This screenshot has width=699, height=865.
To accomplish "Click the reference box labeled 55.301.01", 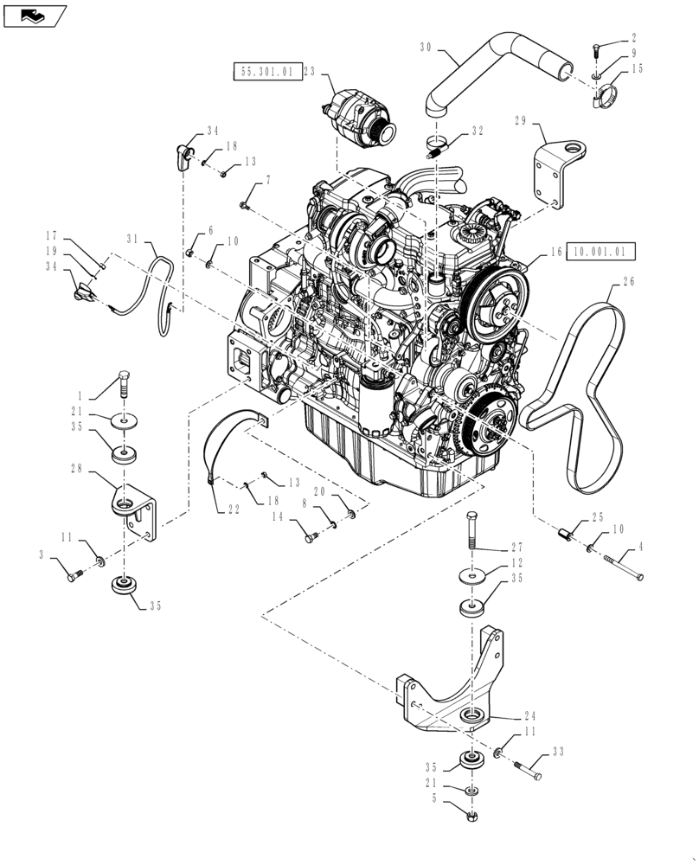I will [266, 73].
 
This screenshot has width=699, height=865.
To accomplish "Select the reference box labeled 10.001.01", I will [601, 252].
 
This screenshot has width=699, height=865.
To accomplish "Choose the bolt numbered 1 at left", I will [124, 381].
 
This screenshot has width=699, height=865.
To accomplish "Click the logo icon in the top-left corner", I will [35, 15].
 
